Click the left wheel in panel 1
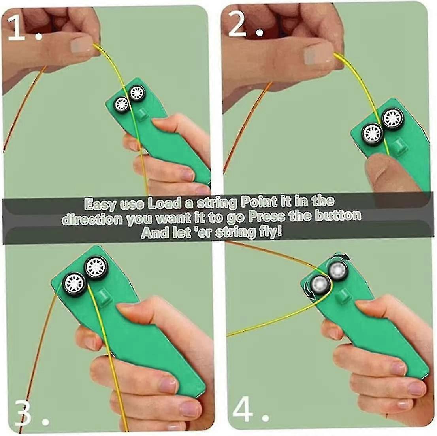(121, 104)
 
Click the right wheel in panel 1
(137, 93)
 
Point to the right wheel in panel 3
(96, 268)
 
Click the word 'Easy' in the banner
(101, 204)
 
